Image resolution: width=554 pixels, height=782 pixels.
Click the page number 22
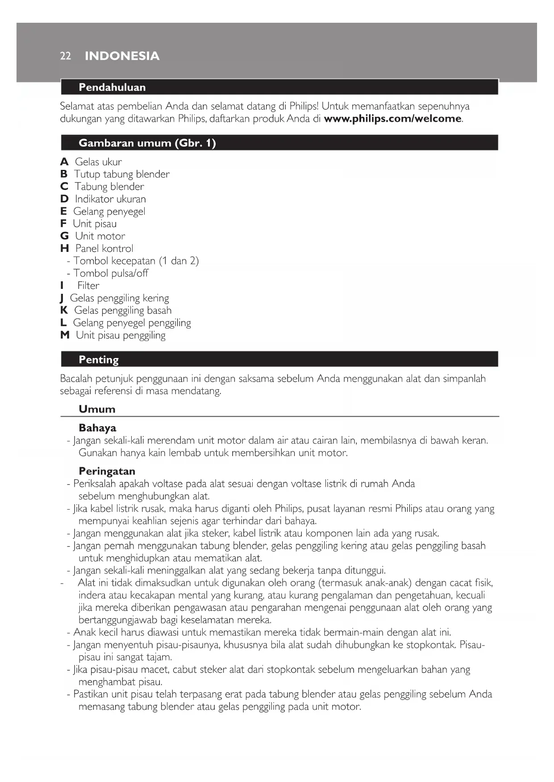click(65, 56)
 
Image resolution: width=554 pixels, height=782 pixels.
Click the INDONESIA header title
click(122, 56)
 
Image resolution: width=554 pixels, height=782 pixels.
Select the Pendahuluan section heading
click(112, 87)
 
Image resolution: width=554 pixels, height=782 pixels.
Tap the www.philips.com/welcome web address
click(392, 119)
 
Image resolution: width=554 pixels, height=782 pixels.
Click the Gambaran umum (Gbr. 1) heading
click(147, 143)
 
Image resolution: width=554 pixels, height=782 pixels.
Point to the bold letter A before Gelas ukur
click(64, 162)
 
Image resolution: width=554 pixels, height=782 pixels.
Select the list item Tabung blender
click(109, 187)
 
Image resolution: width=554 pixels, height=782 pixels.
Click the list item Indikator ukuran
click(110, 199)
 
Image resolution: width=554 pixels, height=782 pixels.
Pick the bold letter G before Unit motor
click(64, 236)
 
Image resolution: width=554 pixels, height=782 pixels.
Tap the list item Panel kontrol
click(104, 249)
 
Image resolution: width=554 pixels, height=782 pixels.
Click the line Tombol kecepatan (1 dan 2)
click(136, 261)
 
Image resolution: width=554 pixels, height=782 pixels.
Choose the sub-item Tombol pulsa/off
click(110, 273)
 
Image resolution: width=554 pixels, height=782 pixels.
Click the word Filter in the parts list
click(88, 286)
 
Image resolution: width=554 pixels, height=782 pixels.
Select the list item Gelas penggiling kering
click(119, 298)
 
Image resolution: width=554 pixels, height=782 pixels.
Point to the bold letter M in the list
click(65, 335)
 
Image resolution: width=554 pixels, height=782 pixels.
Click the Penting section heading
click(99, 360)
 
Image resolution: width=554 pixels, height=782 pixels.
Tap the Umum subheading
click(97, 409)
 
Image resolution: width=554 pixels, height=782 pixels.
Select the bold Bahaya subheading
click(97, 428)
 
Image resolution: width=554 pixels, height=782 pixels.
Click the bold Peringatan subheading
click(107, 471)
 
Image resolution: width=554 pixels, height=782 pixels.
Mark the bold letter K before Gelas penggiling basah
click(64, 310)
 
